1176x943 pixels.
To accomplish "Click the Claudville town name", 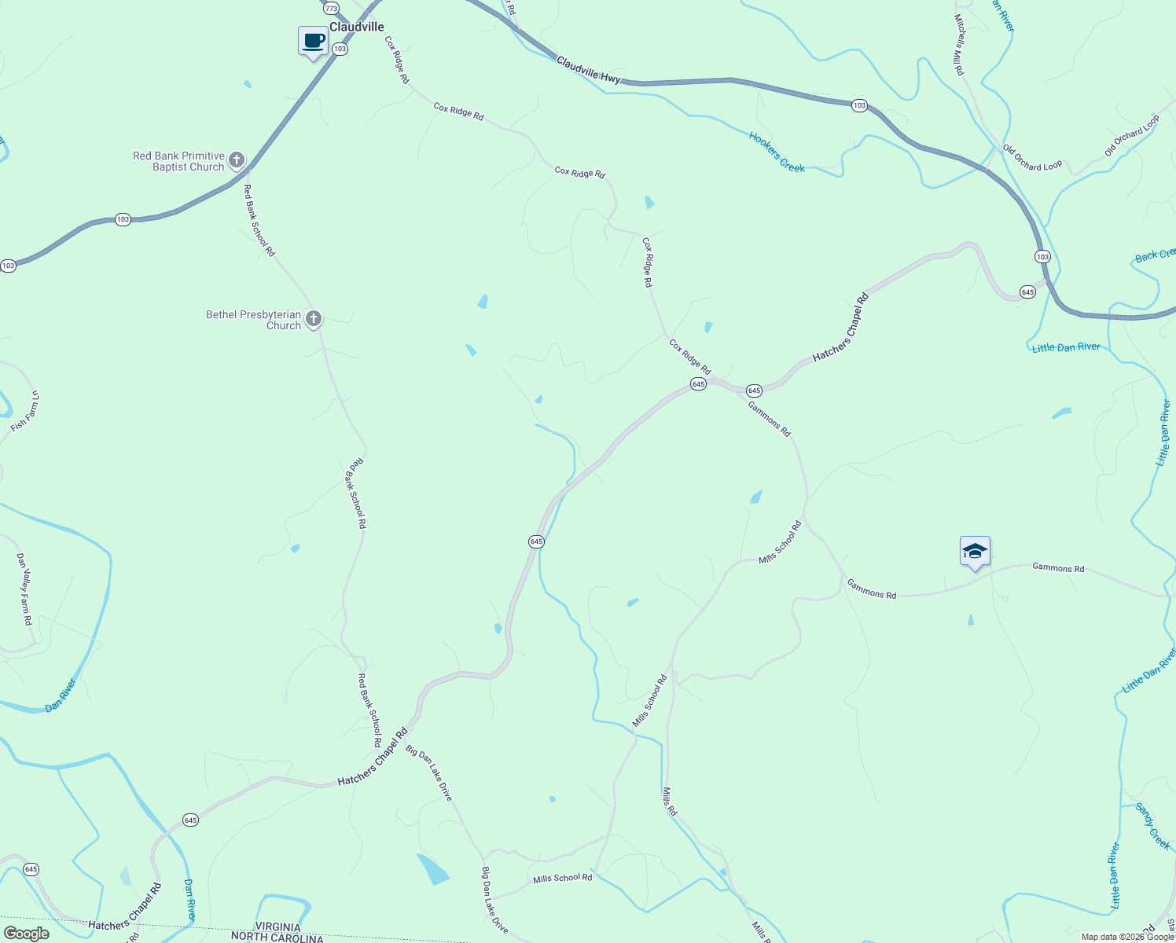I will click(357, 27).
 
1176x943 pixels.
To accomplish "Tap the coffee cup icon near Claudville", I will click(313, 41).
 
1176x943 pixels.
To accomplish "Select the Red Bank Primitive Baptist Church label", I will click(179, 161).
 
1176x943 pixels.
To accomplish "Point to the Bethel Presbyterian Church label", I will click(253, 320).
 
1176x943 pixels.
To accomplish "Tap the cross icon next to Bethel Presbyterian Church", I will click(313, 318).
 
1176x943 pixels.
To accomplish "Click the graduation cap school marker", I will click(975, 551).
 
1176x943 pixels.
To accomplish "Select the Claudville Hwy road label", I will click(589, 70).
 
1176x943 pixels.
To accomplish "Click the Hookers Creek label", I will click(777, 152).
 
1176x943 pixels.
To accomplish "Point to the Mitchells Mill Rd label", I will click(959, 45).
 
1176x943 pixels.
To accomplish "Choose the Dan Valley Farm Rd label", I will click(25, 589).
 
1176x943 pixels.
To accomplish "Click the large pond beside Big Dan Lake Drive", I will click(433, 869).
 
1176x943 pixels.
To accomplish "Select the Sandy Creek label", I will click(1152, 826).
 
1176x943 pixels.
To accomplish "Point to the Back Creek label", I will click(1155, 255).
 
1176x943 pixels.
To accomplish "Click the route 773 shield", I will click(331, 8).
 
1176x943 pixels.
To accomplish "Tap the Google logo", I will click(27, 934).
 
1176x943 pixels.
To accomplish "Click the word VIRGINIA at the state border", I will click(277, 927).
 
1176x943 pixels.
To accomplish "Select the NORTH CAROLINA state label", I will click(277, 937).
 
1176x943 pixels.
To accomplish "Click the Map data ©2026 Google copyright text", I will click(1127, 937).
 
